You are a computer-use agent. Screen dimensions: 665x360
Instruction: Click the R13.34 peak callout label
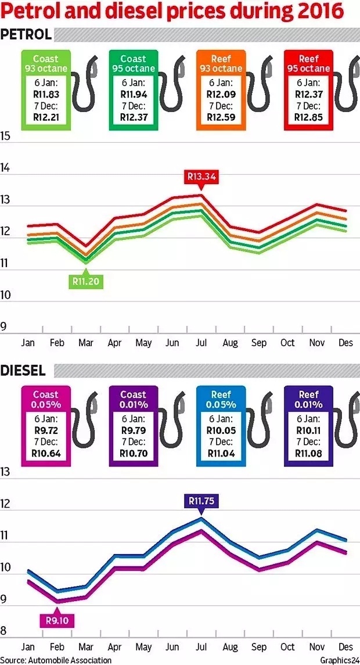tap(201, 176)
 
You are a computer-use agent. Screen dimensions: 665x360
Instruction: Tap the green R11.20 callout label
tap(87, 281)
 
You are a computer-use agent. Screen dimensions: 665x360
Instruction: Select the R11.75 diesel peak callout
tap(201, 501)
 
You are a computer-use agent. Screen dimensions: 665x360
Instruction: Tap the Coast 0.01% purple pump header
tap(133, 399)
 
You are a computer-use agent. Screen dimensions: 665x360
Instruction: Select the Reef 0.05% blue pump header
tap(221, 399)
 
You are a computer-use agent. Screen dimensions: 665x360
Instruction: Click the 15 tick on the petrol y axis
tap(6, 136)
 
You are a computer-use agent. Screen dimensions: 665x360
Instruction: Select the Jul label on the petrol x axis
tap(201, 343)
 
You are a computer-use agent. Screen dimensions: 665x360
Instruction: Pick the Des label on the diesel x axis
tap(346, 646)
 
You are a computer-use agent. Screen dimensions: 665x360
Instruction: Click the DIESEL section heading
tap(24, 370)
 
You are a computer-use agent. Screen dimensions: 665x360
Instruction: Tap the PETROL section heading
tap(26, 35)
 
